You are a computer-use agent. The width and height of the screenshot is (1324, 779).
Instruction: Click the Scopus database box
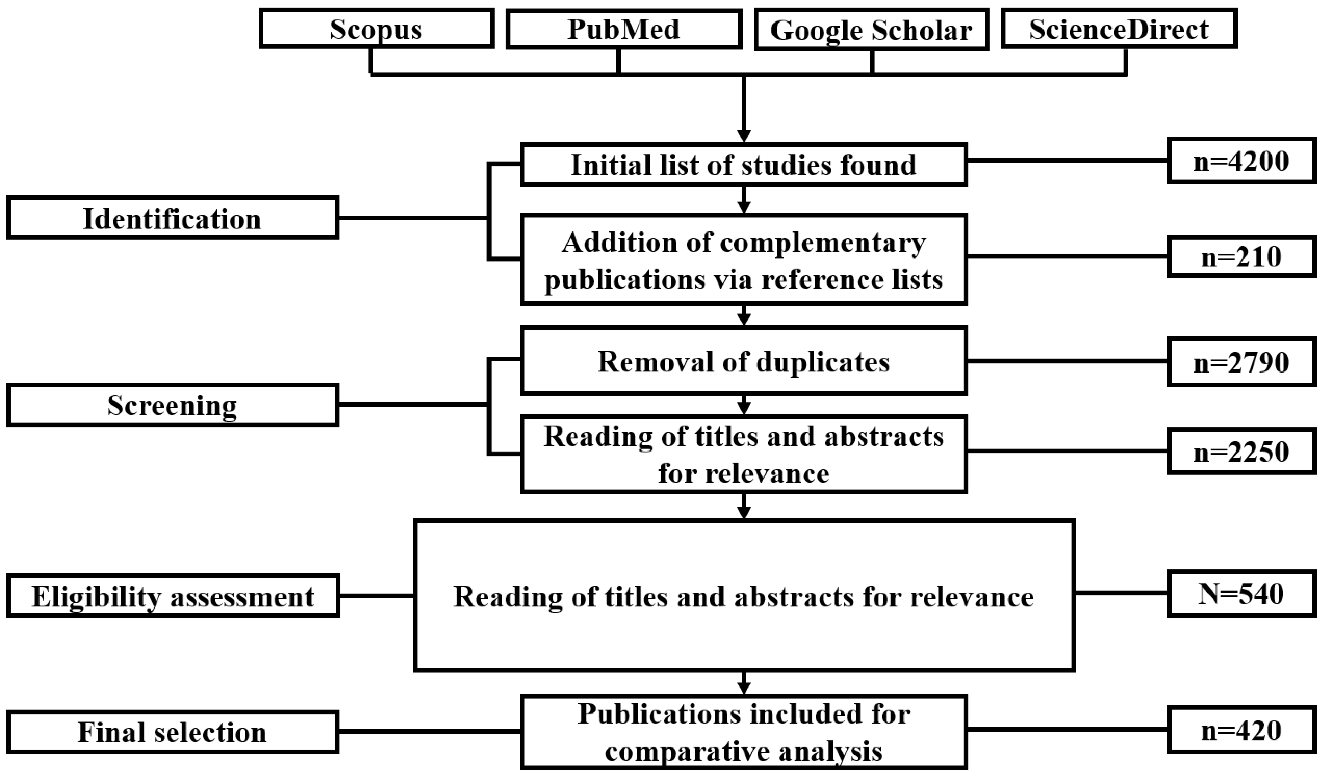click(376, 29)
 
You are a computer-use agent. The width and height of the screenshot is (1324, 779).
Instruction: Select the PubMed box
click(624, 29)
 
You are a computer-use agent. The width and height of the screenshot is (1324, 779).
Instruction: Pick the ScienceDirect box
click(1118, 29)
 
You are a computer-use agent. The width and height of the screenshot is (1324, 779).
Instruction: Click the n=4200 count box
click(1242, 161)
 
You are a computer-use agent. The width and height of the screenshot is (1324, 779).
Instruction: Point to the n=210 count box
click(1242, 257)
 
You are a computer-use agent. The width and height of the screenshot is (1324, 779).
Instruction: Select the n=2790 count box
click(1242, 362)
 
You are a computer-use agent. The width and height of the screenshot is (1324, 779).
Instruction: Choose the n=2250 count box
click(1242, 451)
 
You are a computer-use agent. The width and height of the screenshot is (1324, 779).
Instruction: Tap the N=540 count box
click(1242, 594)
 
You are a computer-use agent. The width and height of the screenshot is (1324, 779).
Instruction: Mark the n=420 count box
click(1242, 730)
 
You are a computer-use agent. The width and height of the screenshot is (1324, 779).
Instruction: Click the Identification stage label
click(172, 218)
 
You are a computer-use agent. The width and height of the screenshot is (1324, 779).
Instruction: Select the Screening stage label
click(172, 405)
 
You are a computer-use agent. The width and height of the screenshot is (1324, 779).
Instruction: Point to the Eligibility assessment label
click(172, 596)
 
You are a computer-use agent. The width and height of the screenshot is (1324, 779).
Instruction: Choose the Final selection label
click(172, 732)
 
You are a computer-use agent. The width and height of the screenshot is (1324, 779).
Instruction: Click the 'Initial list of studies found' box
click(743, 164)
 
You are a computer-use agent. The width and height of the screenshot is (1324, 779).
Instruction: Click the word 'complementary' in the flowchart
click(823, 243)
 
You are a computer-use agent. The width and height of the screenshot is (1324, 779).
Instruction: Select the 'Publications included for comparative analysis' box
click(743, 732)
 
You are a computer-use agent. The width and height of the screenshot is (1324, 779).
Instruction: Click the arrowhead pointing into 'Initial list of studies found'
click(743, 135)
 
